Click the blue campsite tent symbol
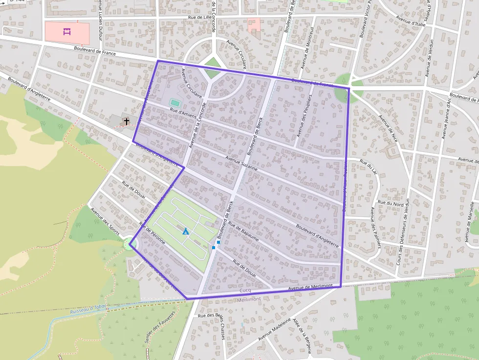pyautogui.click(x=186, y=231)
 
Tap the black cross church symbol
pyautogui.click(x=127, y=121)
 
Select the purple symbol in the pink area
pyautogui.click(x=67, y=32)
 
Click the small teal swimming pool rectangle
pyautogui.click(x=174, y=103)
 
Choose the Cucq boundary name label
pyautogui.click(x=245, y=291)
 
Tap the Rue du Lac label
pyautogui.click(x=369, y=167)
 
